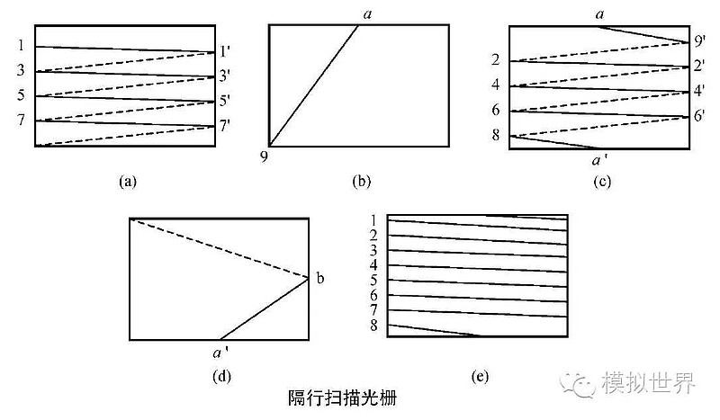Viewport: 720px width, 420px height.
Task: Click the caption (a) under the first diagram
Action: coord(127,182)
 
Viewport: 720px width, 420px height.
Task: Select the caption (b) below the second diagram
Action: coord(361,182)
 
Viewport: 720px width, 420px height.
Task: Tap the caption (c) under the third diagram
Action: coord(602,182)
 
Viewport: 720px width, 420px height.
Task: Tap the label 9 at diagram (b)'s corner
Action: coord(265,157)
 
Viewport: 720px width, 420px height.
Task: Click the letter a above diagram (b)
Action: coord(367,13)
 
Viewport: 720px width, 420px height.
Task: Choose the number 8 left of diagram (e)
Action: coord(373,325)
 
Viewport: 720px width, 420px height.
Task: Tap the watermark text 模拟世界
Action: coord(649,385)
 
